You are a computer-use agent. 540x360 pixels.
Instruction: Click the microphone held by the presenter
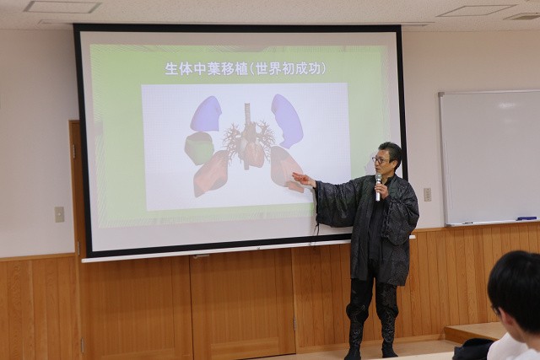click(x=378, y=187)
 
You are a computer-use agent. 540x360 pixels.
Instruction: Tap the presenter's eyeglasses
click(x=380, y=160)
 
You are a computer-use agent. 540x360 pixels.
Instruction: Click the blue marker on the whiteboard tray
click(x=526, y=218)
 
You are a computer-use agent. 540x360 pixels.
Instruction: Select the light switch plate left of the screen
click(x=59, y=214)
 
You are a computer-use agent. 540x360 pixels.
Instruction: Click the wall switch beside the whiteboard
click(x=427, y=195)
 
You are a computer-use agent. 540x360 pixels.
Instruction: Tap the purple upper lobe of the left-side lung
click(x=206, y=114)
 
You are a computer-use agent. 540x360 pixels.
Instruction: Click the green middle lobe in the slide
click(x=199, y=148)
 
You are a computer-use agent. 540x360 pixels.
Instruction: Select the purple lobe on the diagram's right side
click(x=287, y=121)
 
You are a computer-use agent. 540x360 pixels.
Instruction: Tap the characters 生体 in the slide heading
click(x=179, y=68)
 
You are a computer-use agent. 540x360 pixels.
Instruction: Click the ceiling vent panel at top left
click(x=62, y=7)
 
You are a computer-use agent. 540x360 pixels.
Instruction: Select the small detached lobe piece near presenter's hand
click(x=295, y=187)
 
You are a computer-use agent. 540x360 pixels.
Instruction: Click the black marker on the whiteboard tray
click(x=467, y=223)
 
